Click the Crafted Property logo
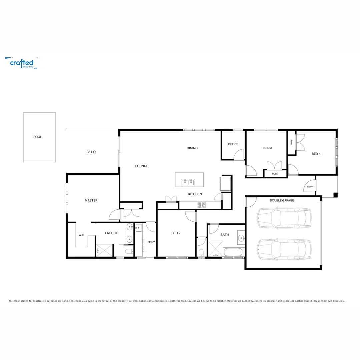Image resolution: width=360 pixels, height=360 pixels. [22, 63]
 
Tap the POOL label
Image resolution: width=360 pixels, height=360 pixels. [38, 137]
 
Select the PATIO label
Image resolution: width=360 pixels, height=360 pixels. [91, 152]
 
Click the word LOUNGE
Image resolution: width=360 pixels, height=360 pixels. [142, 166]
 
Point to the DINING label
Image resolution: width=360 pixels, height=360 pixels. [192, 148]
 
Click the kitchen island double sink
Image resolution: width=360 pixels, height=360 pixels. [188, 182]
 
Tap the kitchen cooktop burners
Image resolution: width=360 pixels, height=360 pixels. [202, 205]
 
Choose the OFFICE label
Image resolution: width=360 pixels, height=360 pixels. [233, 144]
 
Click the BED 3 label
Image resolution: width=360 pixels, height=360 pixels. [268, 148]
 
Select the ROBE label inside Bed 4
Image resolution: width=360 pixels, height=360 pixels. [292, 142]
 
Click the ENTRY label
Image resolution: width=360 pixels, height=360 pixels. [310, 187]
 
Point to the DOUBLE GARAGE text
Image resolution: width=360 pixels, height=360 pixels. [282, 200]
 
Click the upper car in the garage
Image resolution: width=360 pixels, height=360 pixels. [284, 218]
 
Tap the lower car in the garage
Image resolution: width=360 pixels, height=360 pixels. [284, 249]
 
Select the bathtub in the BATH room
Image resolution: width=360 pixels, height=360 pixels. [233, 252]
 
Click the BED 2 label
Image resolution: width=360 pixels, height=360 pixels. [176, 233]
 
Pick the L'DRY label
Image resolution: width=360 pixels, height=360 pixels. [151, 242]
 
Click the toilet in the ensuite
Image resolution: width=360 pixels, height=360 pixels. [129, 251]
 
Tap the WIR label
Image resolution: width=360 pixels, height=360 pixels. [81, 235]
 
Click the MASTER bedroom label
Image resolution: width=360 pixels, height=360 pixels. [91, 200]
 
